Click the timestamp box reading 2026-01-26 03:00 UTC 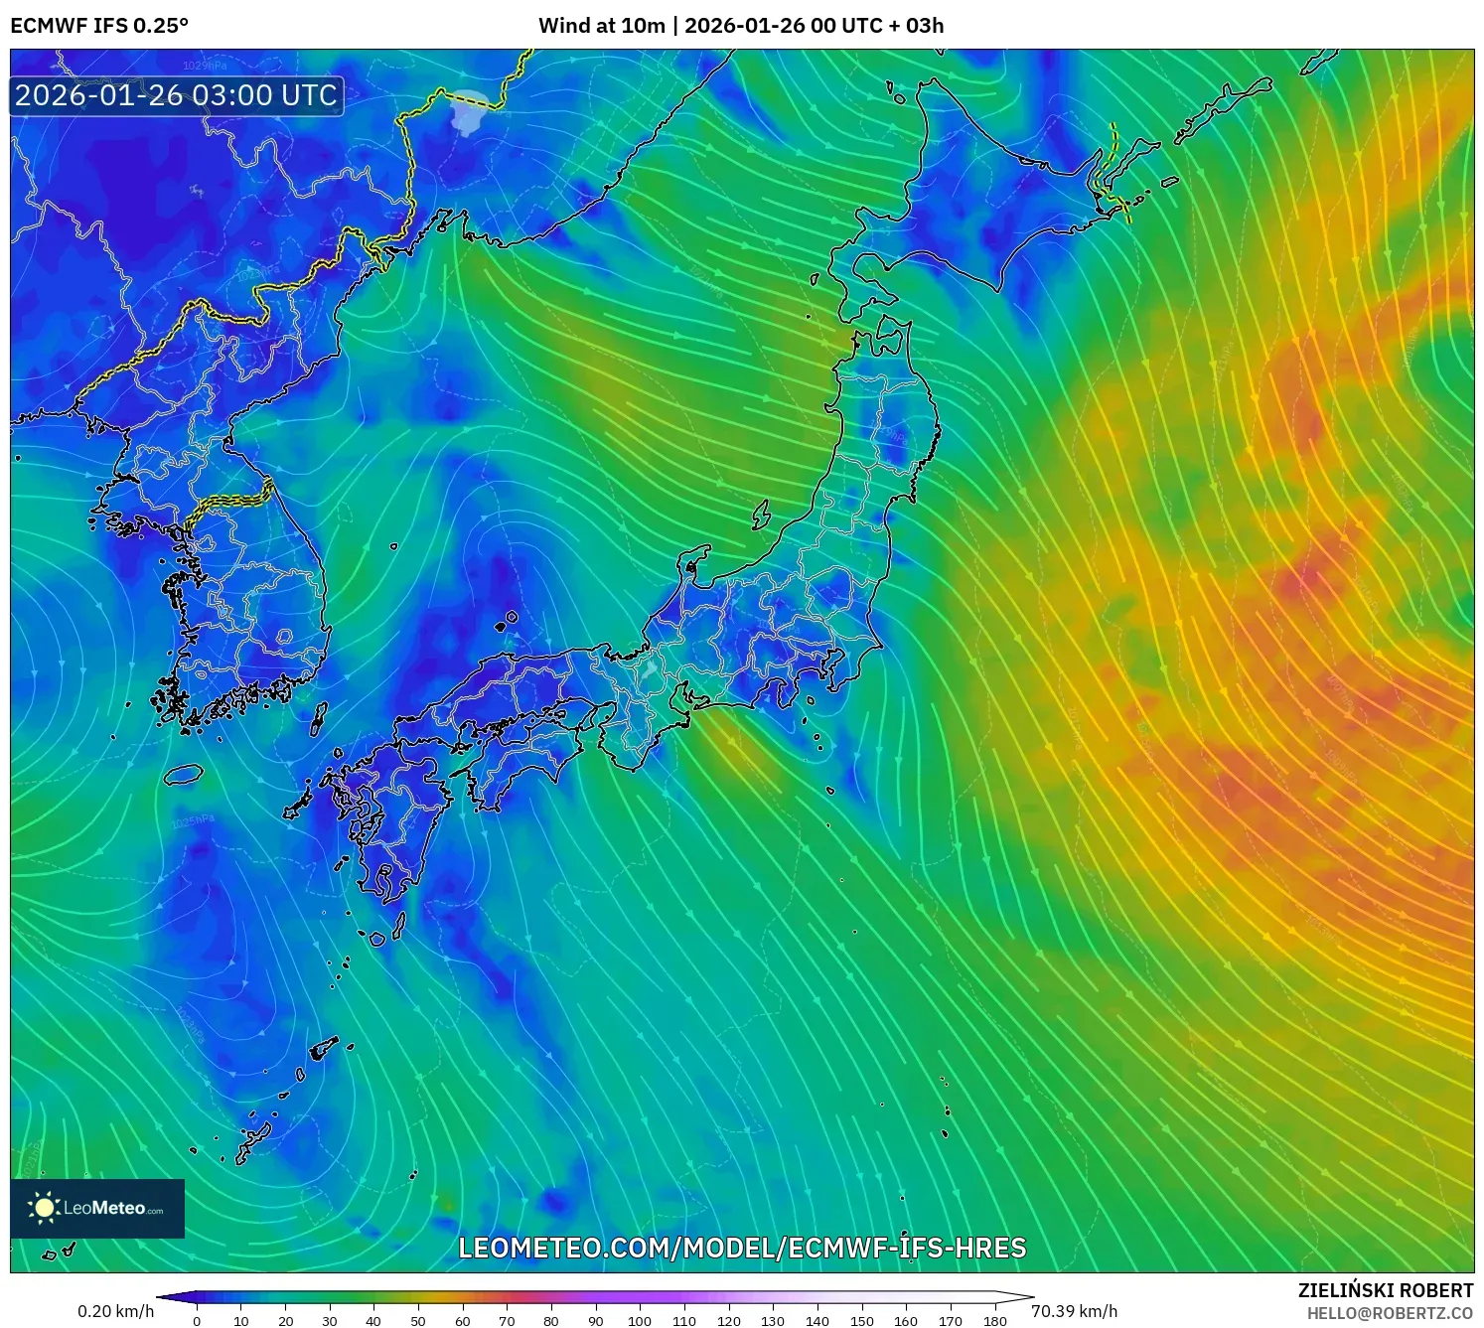[x=177, y=95]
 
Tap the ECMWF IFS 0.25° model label [x=99, y=26]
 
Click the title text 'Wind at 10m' [x=601, y=26]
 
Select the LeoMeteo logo [x=97, y=1208]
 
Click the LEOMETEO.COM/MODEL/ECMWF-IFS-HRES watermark [x=742, y=1248]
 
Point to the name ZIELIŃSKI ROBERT [x=1386, y=1290]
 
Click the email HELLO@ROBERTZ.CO [x=1390, y=1313]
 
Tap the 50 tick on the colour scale [x=418, y=1320]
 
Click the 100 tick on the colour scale [x=640, y=1320]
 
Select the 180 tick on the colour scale [x=994, y=1320]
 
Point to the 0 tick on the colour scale [x=197, y=1320]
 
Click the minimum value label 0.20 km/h [x=115, y=1311]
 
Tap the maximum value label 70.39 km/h [x=1074, y=1311]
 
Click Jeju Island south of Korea [x=184, y=774]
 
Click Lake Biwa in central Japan [x=651, y=669]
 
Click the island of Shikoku [x=517, y=760]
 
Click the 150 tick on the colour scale [x=861, y=1320]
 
